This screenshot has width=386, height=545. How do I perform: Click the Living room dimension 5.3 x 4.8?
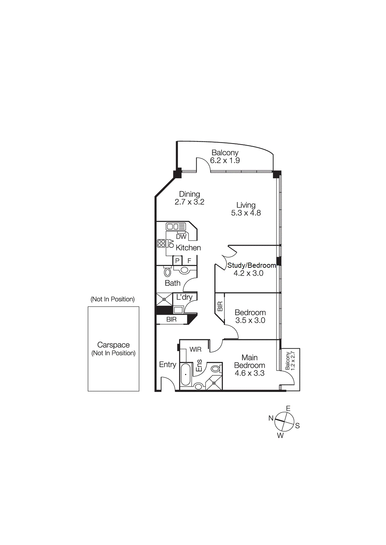(x=246, y=213)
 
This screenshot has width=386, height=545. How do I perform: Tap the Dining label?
(x=189, y=194)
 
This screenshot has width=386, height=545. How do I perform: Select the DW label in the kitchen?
(x=181, y=236)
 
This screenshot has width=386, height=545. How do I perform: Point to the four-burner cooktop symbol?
(x=161, y=243)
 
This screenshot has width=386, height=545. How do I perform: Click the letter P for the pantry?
(x=177, y=261)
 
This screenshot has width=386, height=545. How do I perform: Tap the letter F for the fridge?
(x=189, y=261)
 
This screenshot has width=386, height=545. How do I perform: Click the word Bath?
(x=172, y=283)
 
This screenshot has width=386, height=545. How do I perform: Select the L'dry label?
(x=184, y=297)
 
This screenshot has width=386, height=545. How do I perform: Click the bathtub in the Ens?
(x=185, y=374)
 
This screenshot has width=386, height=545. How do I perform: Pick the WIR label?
(x=196, y=349)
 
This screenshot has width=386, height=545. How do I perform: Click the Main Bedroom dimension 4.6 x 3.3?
(x=249, y=373)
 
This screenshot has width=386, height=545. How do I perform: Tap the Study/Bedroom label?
(x=252, y=265)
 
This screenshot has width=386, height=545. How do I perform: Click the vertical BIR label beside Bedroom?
(x=220, y=307)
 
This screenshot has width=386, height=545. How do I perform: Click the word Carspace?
(x=113, y=345)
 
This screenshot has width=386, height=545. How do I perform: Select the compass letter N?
(x=271, y=418)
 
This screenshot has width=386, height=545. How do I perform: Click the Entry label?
(x=168, y=364)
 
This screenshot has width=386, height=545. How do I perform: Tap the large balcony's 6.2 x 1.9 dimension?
(x=225, y=160)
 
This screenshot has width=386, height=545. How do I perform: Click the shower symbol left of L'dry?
(x=164, y=299)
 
